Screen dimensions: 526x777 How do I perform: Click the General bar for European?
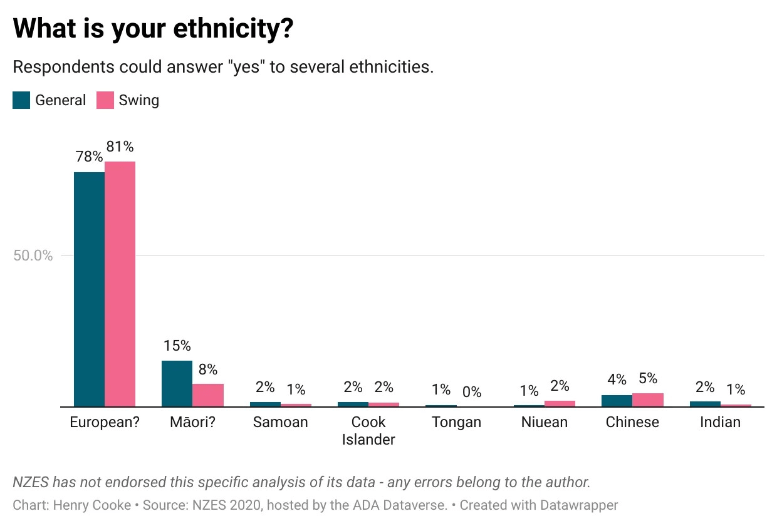pos(89,289)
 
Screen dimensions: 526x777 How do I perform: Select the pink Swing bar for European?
pos(120,284)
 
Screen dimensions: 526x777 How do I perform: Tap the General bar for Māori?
pos(177,384)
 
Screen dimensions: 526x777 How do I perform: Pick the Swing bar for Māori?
pos(208,395)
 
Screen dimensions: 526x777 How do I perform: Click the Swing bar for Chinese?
pos(648,400)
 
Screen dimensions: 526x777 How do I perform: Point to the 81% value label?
pos(120,147)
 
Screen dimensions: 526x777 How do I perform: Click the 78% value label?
pos(89,157)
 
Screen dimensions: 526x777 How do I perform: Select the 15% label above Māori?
pos(177,346)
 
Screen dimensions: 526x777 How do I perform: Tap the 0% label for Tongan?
pos(472,393)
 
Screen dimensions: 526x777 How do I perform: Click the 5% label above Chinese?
pos(648,378)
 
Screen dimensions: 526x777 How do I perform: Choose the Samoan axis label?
pos(280,422)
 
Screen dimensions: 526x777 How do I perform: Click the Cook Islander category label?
pos(368,431)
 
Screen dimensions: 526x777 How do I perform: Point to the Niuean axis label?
pos(545,422)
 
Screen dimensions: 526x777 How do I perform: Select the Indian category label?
pos(720,422)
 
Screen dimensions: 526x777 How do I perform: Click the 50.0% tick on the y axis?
pos(33,255)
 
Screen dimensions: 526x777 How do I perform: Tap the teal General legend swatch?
pos(21,100)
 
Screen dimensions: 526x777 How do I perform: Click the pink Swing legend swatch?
pos(105,100)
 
